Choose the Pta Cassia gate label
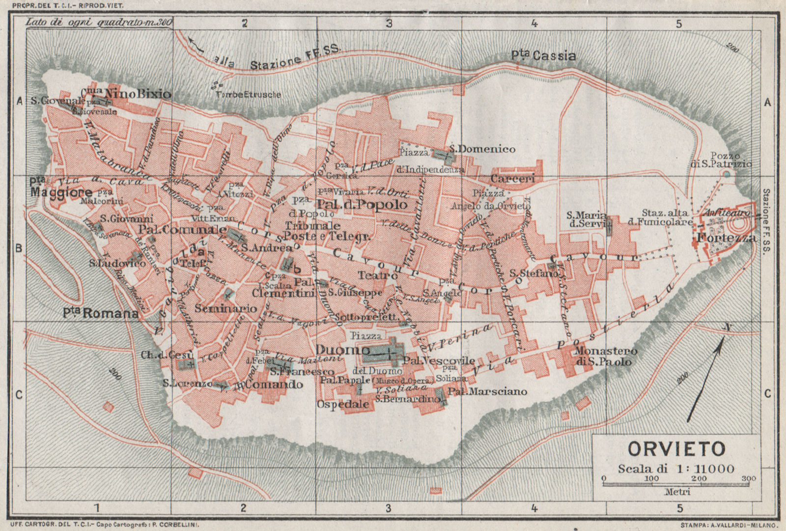543,56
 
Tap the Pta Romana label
101,313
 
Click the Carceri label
512,179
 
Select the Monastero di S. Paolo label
605,356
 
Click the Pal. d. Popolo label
363,204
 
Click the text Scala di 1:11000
676,468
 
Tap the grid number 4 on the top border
534,23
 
